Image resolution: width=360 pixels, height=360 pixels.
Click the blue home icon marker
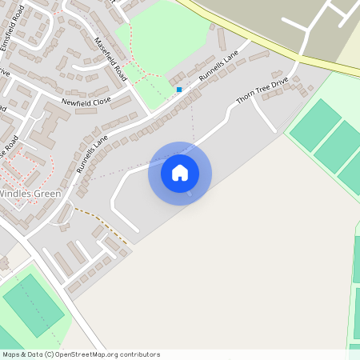(x=180, y=173)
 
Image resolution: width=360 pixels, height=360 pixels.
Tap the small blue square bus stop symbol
(x=179, y=90)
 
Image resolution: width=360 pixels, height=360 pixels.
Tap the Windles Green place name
(x=30, y=194)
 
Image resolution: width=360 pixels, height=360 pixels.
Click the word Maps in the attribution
(x=10, y=354)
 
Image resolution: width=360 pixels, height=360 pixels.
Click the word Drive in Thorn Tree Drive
(x=278, y=81)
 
